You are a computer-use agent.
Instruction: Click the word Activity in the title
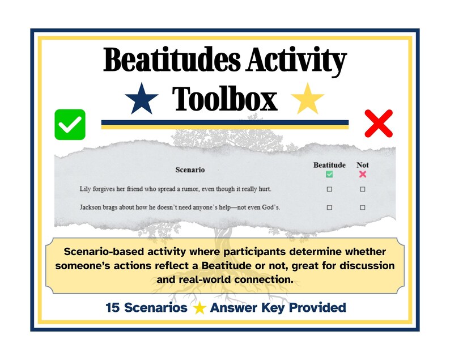295,62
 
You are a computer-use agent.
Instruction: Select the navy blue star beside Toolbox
143,99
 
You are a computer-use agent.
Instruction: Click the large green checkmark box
70,124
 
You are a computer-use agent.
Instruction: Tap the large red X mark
379,123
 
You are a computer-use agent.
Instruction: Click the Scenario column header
190,170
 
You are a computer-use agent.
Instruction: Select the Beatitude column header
329,165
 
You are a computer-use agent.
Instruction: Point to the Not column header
362,165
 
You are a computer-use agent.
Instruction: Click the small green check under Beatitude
329,174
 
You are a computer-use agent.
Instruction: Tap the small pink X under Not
363,174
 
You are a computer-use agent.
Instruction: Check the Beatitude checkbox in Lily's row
329,189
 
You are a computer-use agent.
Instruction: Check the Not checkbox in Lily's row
363,189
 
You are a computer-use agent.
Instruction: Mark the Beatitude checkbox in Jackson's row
329,207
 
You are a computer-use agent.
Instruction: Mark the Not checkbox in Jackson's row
363,207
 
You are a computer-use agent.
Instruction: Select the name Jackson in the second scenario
92,207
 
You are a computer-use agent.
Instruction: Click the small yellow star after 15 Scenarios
199,308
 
